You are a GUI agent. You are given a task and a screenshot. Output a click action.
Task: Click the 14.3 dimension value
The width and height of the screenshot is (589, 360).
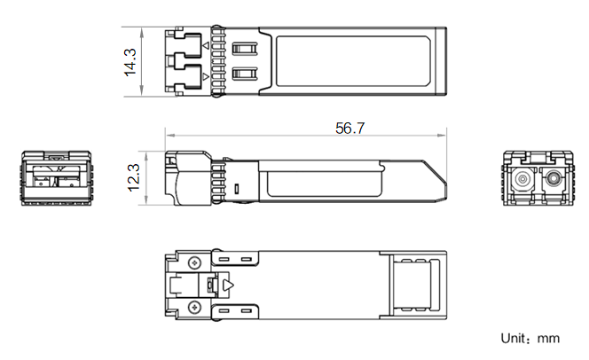pyautogui.click(x=130, y=62)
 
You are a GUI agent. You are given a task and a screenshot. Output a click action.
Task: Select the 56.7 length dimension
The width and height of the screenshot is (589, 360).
pyautogui.click(x=349, y=129)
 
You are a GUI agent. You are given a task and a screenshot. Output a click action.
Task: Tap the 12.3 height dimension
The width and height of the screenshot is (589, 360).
pyautogui.click(x=134, y=177)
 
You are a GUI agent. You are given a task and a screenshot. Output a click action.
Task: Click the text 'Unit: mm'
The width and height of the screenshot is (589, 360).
pyautogui.click(x=530, y=339)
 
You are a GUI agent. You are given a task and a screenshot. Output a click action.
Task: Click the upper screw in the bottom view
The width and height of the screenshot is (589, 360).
pyautogui.click(x=194, y=262)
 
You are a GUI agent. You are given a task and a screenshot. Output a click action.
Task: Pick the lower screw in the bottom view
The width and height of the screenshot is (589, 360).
pyautogui.click(x=194, y=308)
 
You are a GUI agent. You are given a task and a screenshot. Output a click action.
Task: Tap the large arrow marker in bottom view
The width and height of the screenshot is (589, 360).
pyautogui.click(x=228, y=286)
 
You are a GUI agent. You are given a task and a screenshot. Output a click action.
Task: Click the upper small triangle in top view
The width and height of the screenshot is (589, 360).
pyautogui.click(x=206, y=45)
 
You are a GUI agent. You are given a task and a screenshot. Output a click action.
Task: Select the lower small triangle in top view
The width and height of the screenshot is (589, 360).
pyautogui.click(x=206, y=76)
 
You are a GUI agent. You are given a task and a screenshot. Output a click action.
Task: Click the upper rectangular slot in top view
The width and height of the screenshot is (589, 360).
pyautogui.click(x=245, y=49)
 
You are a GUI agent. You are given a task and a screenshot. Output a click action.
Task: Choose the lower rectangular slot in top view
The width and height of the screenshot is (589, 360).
pyautogui.click(x=245, y=74)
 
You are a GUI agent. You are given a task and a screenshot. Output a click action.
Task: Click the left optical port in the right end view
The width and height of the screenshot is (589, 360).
pyautogui.click(x=522, y=179)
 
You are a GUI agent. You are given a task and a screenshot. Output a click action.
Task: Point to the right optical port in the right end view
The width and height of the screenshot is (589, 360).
pyautogui.click(x=553, y=177)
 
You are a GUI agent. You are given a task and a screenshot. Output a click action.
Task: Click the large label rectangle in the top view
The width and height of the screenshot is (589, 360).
pyautogui.click(x=353, y=61)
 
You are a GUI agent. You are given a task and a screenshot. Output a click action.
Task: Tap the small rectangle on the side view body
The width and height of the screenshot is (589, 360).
pyautogui.click(x=237, y=189)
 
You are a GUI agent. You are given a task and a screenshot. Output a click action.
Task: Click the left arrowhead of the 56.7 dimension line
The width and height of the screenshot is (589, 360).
pyautogui.click(x=169, y=135)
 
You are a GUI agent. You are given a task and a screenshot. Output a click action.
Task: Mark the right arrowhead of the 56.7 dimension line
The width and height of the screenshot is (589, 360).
pyautogui.click(x=442, y=135)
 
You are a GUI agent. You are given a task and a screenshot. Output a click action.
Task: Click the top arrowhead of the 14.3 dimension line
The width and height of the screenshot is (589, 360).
pyautogui.click(x=142, y=32)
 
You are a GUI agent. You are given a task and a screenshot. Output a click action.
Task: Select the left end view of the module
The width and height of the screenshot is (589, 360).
pyautogui.click(x=57, y=178)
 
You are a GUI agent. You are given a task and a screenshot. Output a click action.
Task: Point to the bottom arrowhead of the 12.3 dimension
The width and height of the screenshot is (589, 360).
pyautogui.click(x=146, y=200)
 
